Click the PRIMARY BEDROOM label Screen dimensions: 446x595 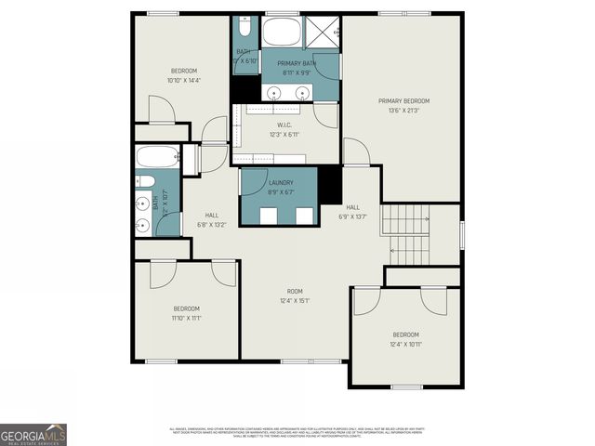(x=403, y=100)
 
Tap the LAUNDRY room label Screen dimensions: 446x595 (x=280, y=182)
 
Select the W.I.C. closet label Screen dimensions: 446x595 (x=285, y=125)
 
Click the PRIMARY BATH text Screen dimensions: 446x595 (x=297, y=63)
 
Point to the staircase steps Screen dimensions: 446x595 (x=406, y=233)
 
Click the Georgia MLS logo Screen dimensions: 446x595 (x=33, y=434)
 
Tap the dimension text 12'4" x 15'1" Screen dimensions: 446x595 (x=295, y=300)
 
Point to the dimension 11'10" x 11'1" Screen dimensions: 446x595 (x=187, y=318)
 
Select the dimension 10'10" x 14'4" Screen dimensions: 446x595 (x=183, y=81)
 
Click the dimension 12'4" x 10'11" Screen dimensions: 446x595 (x=405, y=344)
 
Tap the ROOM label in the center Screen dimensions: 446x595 (x=295, y=291)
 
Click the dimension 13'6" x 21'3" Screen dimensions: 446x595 (x=403, y=110)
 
